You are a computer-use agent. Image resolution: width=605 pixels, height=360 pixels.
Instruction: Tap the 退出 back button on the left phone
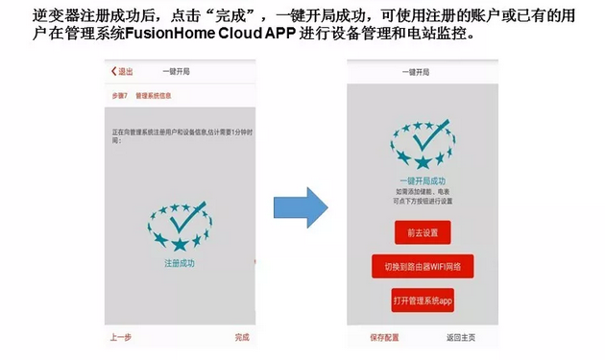[122, 71]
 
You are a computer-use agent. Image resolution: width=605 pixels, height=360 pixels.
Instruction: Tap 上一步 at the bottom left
[120, 337]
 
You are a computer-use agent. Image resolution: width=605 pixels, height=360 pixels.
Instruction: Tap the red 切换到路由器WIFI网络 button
[423, 266]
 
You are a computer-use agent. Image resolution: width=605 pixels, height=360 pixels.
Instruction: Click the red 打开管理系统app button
[423, 301]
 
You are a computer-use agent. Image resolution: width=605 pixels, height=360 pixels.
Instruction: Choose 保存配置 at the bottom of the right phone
[384, 337]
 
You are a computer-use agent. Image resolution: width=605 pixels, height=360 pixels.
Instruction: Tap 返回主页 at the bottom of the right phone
[460, 337]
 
